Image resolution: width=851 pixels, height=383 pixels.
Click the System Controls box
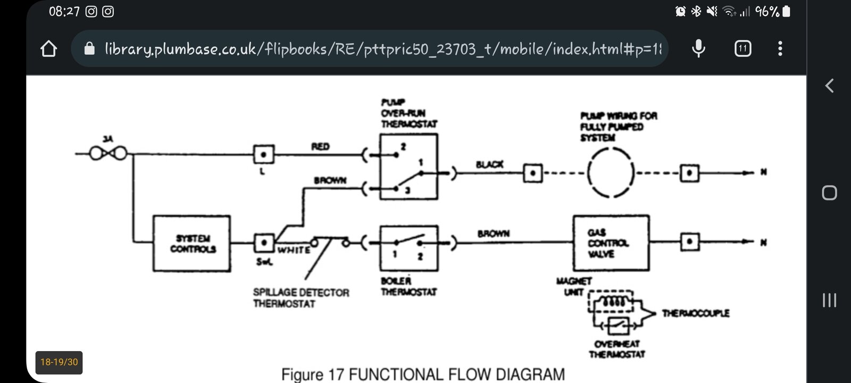click(x=191, y=244)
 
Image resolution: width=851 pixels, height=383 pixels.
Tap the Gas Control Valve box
click(x=611, y=243)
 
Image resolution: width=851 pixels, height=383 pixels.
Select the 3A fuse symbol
click(x=109, y=154)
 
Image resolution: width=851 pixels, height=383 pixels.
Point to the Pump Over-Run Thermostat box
click(x=408, y=166)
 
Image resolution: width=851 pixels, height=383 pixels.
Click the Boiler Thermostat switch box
click(x=408, y=248)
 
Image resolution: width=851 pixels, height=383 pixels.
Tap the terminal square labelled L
click(x=264, y=155)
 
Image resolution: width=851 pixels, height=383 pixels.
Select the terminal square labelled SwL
click(x=264, y=243)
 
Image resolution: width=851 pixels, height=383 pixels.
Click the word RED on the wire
click(x=320, y=146)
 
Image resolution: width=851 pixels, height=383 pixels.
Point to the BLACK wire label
click(x=489, y=164)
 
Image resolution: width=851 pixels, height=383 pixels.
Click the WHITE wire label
click(x=293, y=250)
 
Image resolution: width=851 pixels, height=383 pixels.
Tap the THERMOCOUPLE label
click(x=695, y=313)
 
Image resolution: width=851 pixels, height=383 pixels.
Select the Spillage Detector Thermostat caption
click(x=301, y=298)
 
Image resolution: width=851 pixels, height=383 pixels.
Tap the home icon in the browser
click(x=48, y=49)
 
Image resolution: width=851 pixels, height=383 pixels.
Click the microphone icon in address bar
click(x=698, y=49)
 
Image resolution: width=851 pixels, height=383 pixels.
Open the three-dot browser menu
click(x=780, y=49)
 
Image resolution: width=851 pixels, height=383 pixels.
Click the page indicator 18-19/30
click(x=59, y=362)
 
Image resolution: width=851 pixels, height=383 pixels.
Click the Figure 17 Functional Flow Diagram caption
click(x=423, y=374)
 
